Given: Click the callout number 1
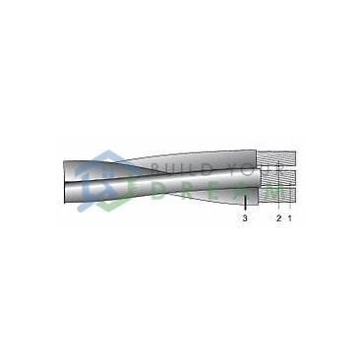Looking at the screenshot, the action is [289, 218].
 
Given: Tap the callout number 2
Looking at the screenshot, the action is [278, 218].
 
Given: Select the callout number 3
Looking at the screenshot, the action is [245, 218].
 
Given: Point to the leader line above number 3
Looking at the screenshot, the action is [245, 203].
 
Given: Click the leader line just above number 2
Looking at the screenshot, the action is [278, 188].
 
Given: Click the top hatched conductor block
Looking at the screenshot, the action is [276, 158].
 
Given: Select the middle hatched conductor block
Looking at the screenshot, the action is [278, 177].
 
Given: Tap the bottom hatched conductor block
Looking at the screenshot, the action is [277, 194].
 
